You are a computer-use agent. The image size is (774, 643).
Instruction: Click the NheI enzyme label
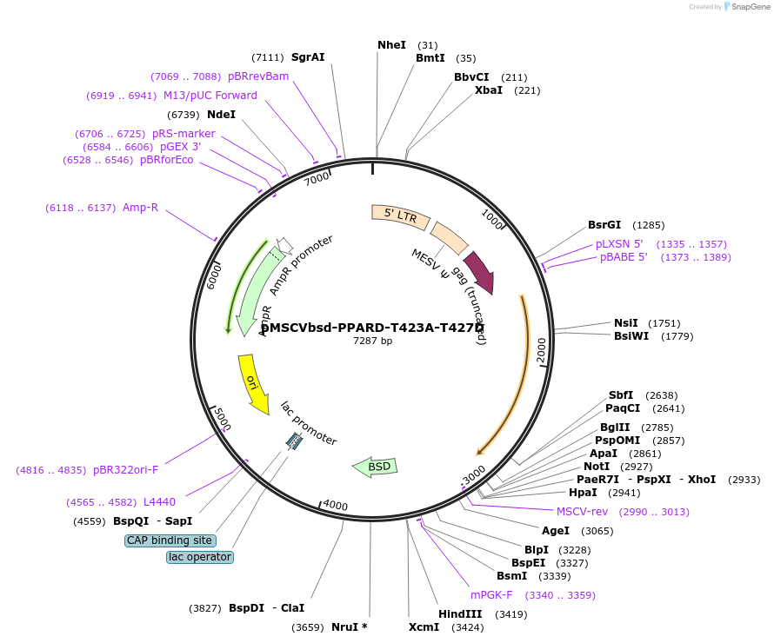(391, 45)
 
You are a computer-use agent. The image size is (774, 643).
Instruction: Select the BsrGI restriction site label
(604, 225)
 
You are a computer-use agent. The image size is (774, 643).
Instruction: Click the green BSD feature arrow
(375, 467)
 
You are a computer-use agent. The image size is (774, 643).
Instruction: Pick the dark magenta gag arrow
(479, 272)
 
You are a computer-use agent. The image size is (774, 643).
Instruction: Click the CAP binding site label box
(170, 540)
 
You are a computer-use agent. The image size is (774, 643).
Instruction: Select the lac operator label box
(200, 557)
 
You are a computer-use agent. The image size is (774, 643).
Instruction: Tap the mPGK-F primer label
(491, 595)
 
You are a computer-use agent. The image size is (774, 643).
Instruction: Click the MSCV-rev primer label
(583, 511)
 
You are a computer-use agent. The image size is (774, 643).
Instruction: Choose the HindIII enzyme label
(460, 614)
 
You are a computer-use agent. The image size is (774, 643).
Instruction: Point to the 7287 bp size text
(372, 341)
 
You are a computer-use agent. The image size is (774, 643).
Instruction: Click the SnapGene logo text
(750, 7)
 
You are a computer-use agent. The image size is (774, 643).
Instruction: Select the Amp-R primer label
(140, 208)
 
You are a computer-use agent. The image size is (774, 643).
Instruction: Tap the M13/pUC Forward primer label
(210, 96)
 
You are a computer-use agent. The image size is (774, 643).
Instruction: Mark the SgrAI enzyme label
(308, 57)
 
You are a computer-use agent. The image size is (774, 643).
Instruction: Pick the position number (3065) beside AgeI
(597, 531)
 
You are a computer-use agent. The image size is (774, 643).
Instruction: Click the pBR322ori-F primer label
(126, 470)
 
